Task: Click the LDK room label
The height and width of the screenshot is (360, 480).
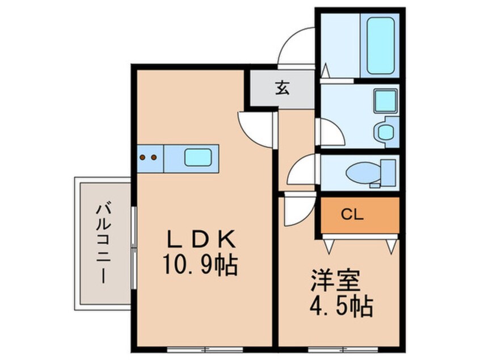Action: (x=201, y=239)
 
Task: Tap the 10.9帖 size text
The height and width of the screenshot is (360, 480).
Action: (x=200, y=265)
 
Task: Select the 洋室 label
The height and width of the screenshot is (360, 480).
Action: (x=335, y=281)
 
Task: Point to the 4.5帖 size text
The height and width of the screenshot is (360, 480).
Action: (x=342, y=307)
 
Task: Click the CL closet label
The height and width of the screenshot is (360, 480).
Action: (x=352, y=215)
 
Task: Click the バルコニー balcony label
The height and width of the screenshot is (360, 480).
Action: (x=104, y=242)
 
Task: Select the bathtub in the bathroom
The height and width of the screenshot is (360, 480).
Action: (x=380, y=45)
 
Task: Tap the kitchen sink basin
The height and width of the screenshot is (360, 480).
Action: (x=198, y=157)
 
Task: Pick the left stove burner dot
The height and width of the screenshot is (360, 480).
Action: (x=142, y=157)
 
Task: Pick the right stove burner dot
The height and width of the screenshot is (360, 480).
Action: (x=154, y=157)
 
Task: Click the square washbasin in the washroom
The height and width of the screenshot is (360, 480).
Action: (x=385, y=101)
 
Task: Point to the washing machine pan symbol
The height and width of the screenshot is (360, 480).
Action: (x=386, y=132)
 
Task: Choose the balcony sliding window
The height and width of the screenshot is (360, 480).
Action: (x=133, y=248)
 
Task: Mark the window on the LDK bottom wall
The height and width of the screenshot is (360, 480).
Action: (x=205, y=349)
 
